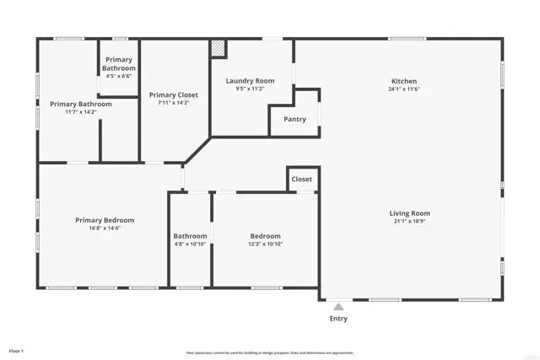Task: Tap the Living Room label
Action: pos(409,213)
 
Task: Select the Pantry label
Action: pos(294,120)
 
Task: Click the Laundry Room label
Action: pos(250,82)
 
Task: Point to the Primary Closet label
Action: pos(173,95)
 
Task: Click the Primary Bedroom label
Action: pos(104,220)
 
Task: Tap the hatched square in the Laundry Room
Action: pos(219,49)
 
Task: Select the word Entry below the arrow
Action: pos(337,319)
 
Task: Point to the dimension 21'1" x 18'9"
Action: pos(409,222)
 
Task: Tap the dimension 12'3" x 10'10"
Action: pos(265,244)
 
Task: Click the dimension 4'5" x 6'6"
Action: pos(118,76)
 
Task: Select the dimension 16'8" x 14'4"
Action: pos(104,228)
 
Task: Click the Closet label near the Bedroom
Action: pos(301,180)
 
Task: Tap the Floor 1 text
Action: pos(17,350)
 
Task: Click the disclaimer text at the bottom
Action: pos(269,352)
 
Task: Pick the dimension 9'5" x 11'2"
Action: pos(250,89)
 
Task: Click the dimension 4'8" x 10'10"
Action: pos(190,244)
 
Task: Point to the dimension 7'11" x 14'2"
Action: pos(173,104)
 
